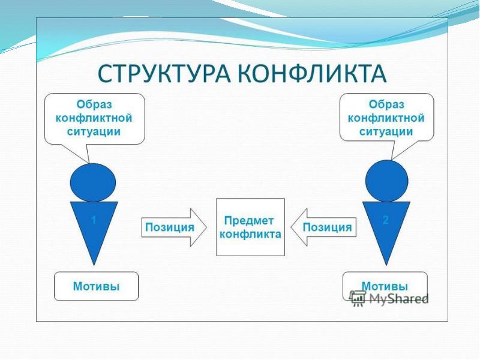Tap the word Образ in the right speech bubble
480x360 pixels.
click(x=386, y=104)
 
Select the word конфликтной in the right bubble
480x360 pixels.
click(x=386, y=118)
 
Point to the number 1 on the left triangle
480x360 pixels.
click(x=94, y=220)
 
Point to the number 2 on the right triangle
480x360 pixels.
click(x=386, y=220)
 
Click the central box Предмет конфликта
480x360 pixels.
click(x=250, y=227)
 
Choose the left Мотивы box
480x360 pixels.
click(x=96, y=286)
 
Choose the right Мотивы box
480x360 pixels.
click(x=385, y=286)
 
